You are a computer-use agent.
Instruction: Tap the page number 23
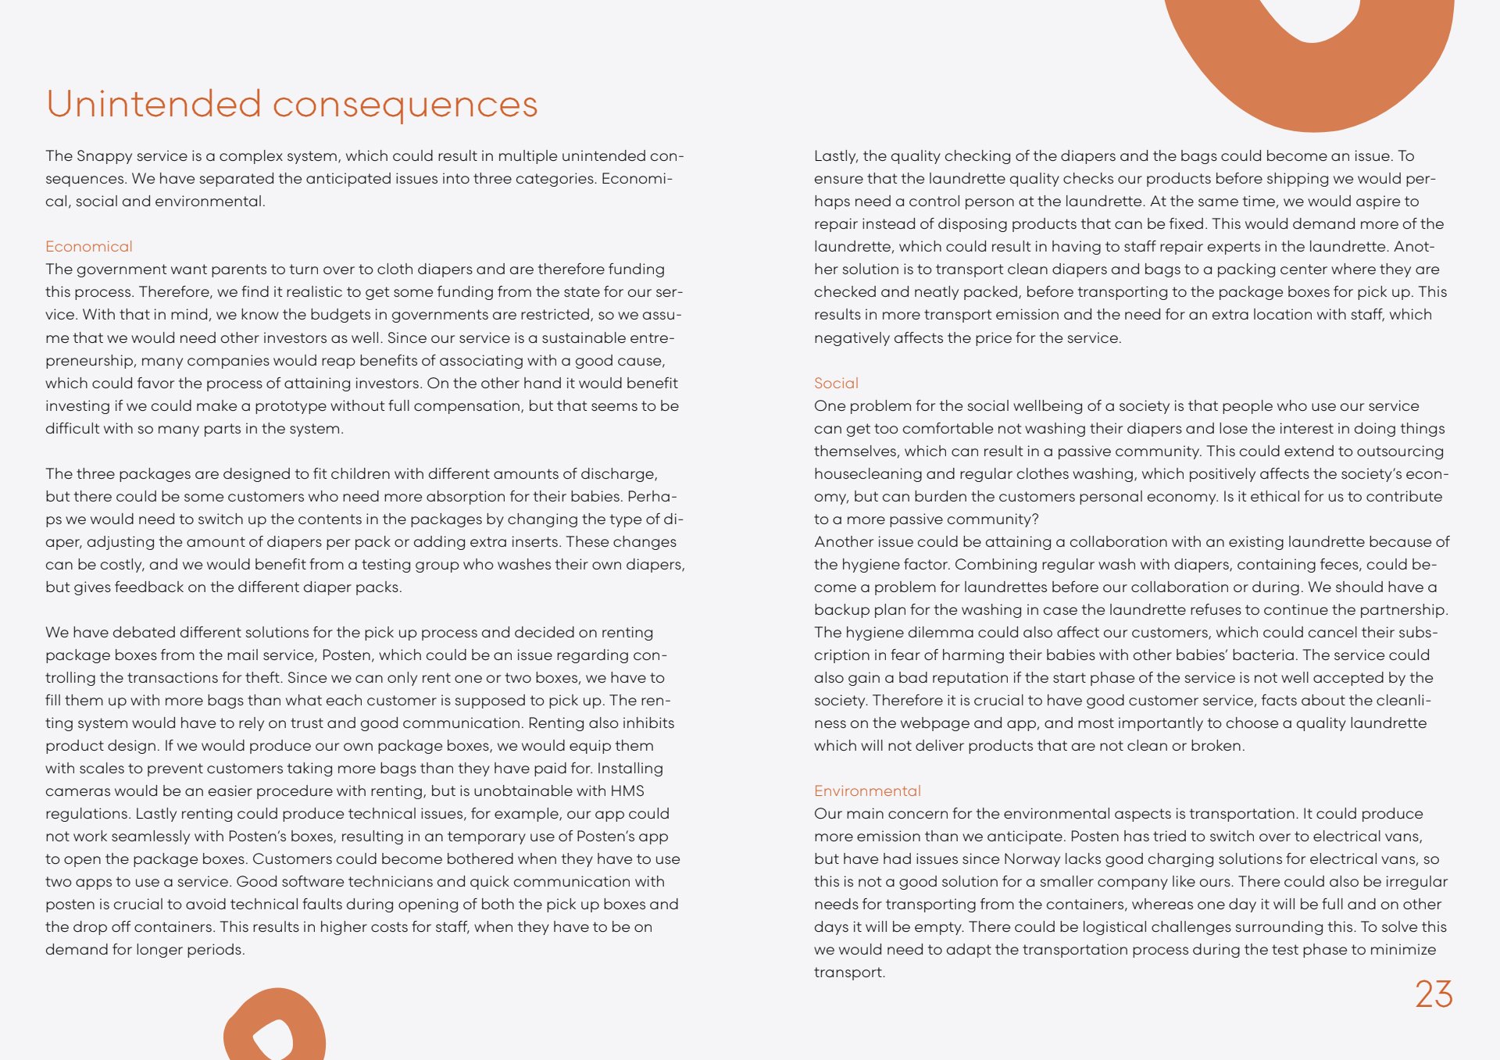[1434, 994]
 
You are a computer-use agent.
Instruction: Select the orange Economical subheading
[89, 247]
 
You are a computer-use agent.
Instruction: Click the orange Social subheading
[836, 383]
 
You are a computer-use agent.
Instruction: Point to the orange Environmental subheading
[867, 791]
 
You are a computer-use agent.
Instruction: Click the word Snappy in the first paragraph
[105, 156]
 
